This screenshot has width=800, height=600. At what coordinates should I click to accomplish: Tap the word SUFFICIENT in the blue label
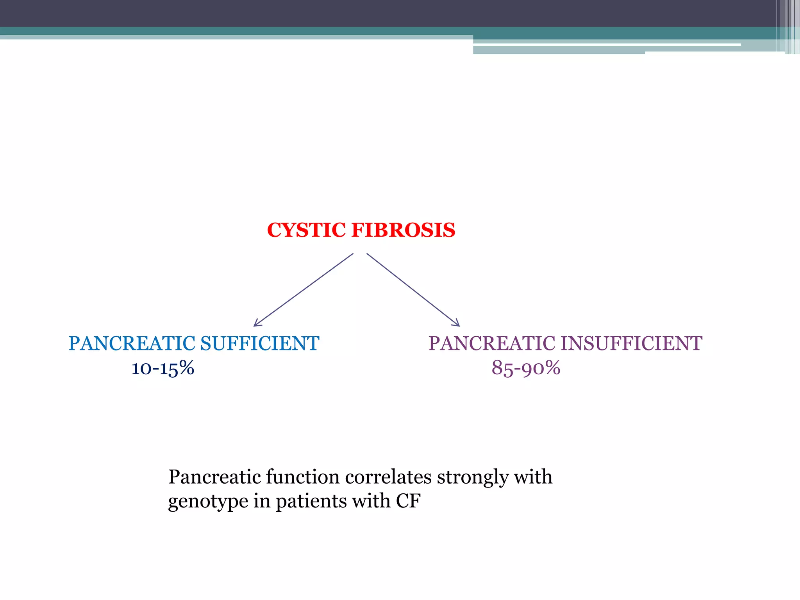click(260, 343)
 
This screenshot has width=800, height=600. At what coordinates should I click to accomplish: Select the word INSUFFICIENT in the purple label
click(632, 343)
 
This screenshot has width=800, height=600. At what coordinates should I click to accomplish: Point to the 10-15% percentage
click(162, 368)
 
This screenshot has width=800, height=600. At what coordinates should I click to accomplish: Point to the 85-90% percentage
click(526, 368)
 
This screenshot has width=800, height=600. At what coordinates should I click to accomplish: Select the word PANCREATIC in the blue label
click(132, 343)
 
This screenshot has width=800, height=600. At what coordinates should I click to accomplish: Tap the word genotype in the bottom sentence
click(208, 502)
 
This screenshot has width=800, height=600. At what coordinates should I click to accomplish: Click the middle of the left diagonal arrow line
click(304, 290)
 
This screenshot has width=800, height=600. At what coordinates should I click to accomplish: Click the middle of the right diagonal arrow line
click(413, 290)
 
